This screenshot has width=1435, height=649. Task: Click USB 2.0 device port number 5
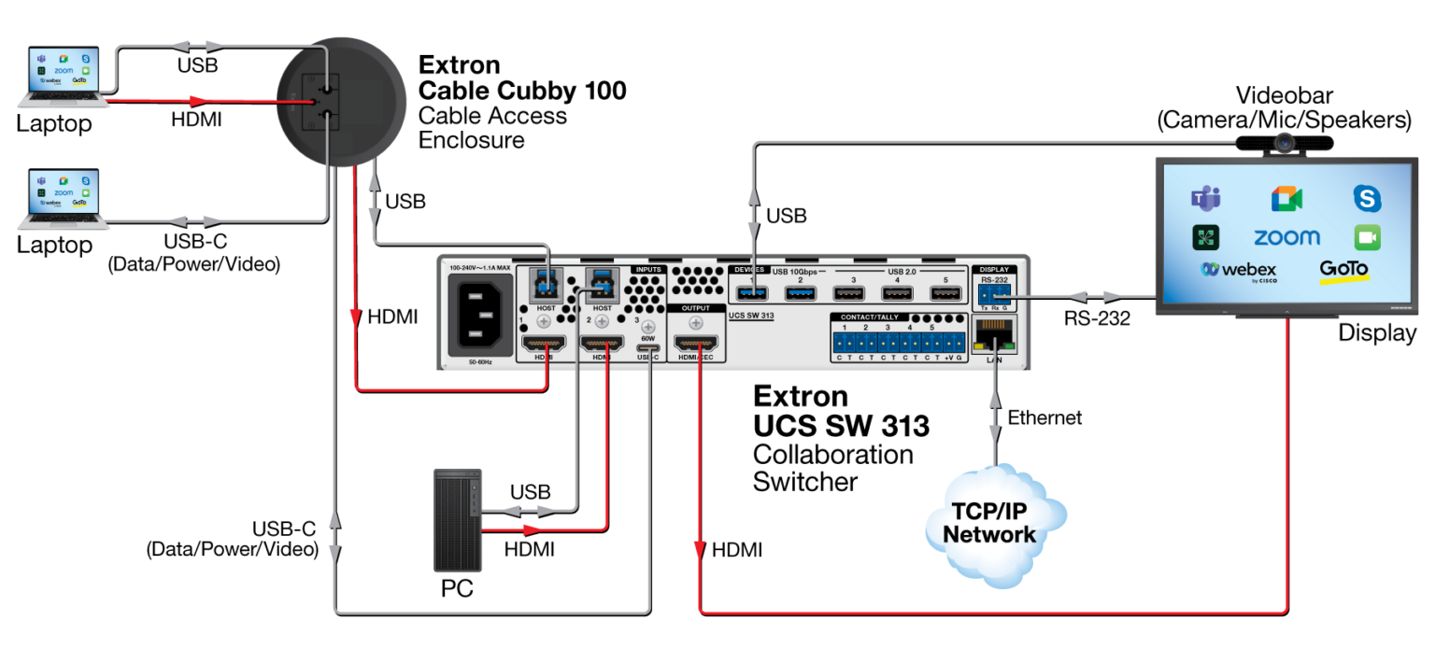click(945, 295)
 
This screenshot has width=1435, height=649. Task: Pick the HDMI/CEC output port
click(695, 345)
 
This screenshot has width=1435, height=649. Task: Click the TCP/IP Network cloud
click(994, 523)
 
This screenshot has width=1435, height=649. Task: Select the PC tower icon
click(458, 520)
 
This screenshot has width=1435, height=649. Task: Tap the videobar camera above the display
click(1285, 142)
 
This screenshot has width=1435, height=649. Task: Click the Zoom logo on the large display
click(1286, 237)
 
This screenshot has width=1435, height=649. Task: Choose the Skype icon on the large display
click(1367, 198)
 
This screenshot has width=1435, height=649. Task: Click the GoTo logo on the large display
click(1343, 271)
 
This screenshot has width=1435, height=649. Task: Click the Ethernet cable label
click(1044, 417)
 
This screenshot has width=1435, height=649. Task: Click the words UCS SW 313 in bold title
click(841, 426)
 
